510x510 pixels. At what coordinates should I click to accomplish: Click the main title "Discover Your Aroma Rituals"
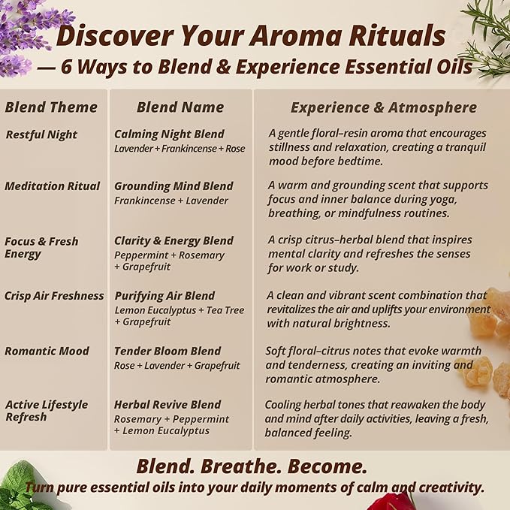(x=251, y=35)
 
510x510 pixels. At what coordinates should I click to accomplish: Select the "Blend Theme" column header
(x=51, y=107)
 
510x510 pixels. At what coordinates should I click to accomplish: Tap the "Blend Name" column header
(x=180, y=107)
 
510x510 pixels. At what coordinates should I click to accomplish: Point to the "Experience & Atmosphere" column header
(x=383, y=107)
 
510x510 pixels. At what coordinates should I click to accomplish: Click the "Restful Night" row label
(x=41, y=134)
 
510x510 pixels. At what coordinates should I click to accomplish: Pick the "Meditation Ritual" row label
(x=52, y=186)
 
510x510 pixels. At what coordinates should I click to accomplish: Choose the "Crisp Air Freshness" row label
(x=54, y=296)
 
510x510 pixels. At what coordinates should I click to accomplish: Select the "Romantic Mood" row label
(x=47, y=351)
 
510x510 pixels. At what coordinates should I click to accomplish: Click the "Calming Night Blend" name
(x=169, y=134)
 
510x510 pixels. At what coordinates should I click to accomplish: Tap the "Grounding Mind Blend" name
(x=174, y=186)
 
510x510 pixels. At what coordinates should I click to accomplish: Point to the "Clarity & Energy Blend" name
(x=174, y=241)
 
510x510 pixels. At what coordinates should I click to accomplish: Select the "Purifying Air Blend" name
(x=164, y=296)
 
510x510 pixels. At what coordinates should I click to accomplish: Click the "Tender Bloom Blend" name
(x=167, y=351)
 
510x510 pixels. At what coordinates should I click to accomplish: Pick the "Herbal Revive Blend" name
(x=167, y=405)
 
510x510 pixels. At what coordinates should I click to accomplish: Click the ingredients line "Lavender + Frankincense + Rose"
(x=180, y=149)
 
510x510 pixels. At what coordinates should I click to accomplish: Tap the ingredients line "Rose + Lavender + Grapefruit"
(x=177, y=366)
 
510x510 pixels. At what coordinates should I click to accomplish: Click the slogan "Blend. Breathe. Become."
(x=252, y=466)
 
